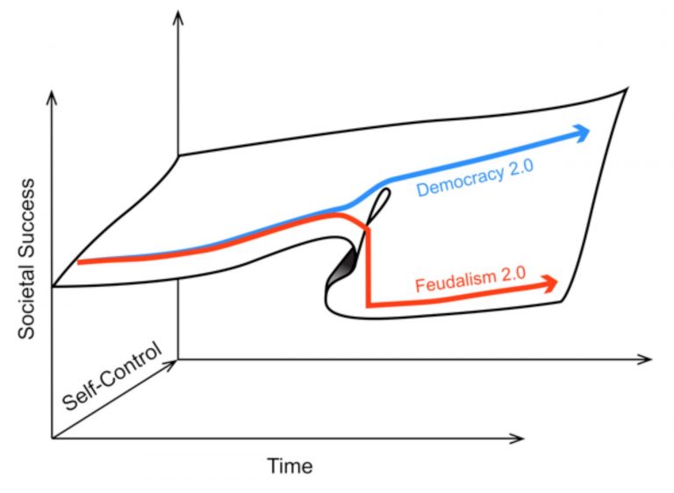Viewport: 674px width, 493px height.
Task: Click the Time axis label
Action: pyautogui.click(x=290, y=465)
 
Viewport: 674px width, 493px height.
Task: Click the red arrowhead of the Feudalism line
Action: pyautogui.click(x=549, y=282)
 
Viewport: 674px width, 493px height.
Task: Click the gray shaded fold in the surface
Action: pyautogui.click(x=342, y=268)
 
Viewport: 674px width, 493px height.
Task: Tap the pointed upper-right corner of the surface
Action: pyautogui.click(x=626, y=89)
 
